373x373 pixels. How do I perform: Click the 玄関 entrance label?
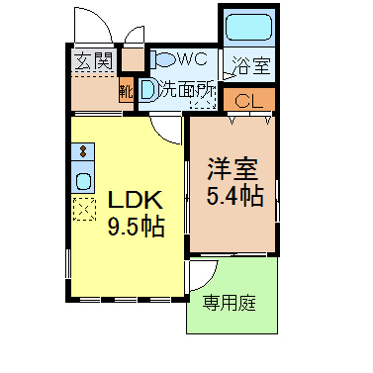point(94,61)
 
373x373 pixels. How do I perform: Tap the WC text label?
point(193,59)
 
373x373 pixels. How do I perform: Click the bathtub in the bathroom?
point(249,28)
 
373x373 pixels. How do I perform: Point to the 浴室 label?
point(251,65)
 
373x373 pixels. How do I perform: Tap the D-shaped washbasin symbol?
point(147,90)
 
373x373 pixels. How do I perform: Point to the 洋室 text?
point(233,169)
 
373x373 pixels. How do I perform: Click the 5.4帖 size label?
point(234,196)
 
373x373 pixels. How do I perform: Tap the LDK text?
point(136,200)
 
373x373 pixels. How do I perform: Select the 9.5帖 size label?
point(136,227)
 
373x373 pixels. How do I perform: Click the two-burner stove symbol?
point(83,151)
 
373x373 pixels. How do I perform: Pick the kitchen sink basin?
point(83,181)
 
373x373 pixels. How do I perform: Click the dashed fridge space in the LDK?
point(84,209)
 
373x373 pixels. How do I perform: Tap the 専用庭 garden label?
point(229,303)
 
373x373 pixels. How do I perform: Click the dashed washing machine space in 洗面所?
point(203,99)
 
